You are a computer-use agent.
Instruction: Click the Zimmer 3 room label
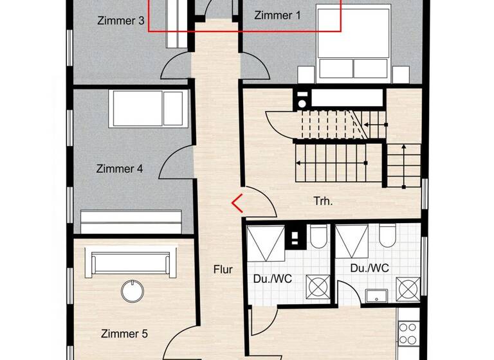coord(121,20)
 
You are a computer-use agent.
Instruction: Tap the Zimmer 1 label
coord(277,15)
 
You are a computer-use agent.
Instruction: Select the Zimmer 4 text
coord(119,169)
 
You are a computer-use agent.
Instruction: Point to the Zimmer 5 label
coord(124,334)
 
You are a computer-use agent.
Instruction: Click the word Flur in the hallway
coord(223,269)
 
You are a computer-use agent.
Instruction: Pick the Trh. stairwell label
coord(323,201)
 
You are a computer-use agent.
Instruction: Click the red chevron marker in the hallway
coord(237,203)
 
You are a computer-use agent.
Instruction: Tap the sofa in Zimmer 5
coord(132,264)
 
